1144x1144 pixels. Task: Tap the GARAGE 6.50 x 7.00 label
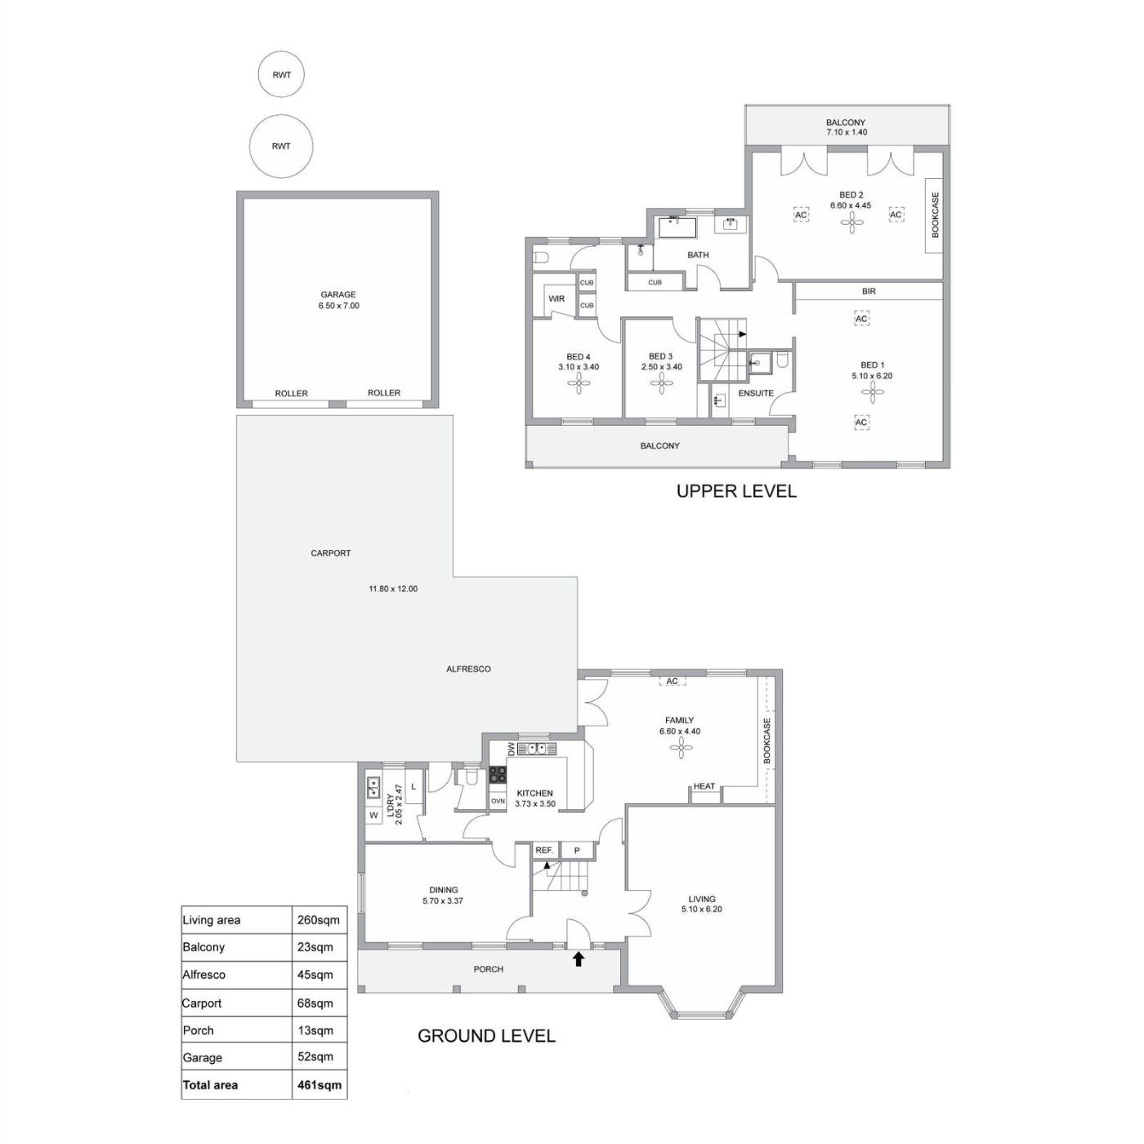coord(338,300)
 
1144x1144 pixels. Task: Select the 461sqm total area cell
coord(320,1084)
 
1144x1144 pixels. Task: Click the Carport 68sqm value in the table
coord(315,1003)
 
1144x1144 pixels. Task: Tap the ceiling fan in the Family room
coord(680,748)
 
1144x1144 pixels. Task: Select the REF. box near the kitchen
coord(543,850)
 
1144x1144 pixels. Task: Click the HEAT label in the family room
coord(704,786)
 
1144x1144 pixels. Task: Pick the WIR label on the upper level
coord(556,298)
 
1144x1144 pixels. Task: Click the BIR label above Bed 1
coord(869,292)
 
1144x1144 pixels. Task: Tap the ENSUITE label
coord(756,393)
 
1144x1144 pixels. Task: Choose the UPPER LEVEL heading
coord(736,491)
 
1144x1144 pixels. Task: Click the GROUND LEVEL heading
coord(486,1035)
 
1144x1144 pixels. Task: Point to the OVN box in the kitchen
coord(498,801)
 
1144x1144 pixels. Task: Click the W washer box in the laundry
coord(373,816)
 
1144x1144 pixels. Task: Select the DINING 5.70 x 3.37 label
coord(444,895)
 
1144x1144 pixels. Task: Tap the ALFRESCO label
coord(468,668)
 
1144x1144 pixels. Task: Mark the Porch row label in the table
coord(199,1030)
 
